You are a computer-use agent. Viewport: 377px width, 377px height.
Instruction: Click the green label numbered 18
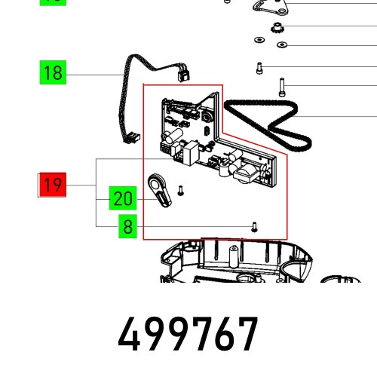pos(53,72)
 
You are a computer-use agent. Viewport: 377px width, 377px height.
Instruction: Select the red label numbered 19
pos(53,185)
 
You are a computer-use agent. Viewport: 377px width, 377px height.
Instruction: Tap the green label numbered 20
pos(123,198)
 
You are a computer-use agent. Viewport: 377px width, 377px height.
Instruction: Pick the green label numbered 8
pos(127,226)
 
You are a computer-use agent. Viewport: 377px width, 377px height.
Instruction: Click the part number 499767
pos(188,333)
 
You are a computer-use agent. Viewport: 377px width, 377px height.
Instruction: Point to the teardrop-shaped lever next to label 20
pos(159,190)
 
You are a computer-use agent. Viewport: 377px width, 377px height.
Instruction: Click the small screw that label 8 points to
pos(254,227)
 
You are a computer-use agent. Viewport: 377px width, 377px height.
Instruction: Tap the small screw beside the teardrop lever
pos(180,191)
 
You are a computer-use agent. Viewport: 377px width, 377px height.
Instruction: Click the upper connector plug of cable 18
pos(183,73)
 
